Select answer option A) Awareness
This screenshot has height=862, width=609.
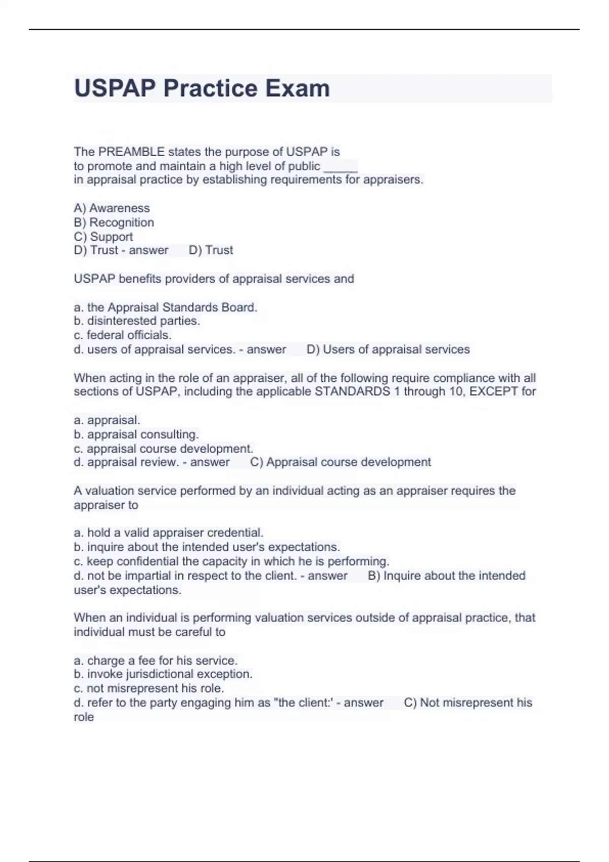(112, 208)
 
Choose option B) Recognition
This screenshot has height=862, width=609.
(114, 222)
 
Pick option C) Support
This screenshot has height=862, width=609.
(103, 236)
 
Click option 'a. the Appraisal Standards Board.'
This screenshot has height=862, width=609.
(165, 307)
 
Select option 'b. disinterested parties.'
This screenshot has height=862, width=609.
(137, 321)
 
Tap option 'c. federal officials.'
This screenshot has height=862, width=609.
(122, 335)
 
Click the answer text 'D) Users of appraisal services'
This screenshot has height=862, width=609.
(388, 349)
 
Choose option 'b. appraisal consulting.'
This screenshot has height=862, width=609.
(136, 435)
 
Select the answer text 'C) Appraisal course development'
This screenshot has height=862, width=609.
(341, 462)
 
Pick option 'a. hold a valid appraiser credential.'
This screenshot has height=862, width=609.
(168, 532)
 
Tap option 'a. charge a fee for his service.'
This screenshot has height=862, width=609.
(156, 660)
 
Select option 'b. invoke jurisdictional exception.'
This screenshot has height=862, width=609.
(163, 674)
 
